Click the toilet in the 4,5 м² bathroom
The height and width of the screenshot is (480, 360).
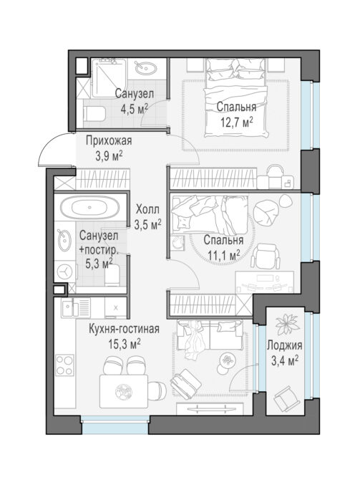tap(94, 114)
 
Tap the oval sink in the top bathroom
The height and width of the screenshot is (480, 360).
tap(145, 68)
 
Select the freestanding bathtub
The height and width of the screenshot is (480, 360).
tap(89, 207)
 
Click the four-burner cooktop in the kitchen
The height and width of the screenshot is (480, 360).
tap(65, 365)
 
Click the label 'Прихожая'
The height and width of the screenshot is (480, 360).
tap(109, 141)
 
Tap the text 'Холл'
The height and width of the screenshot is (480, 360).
tap(147, 210)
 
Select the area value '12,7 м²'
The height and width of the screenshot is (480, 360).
tap(237, 122)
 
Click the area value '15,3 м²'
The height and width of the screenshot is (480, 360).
tap(125, 345)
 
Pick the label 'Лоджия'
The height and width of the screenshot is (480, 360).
tap(284, 345)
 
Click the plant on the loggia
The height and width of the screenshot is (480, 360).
tap(287, 325)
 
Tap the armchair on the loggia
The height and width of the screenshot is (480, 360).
tap(286, 400)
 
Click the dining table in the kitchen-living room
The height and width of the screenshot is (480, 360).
tap(124, 392)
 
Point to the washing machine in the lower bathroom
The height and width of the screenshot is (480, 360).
tap(65, 271)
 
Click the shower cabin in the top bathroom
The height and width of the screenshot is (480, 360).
tap(109, 77)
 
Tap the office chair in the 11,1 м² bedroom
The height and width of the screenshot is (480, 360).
tap(266, 256)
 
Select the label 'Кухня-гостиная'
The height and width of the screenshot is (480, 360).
tap(124, 330)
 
